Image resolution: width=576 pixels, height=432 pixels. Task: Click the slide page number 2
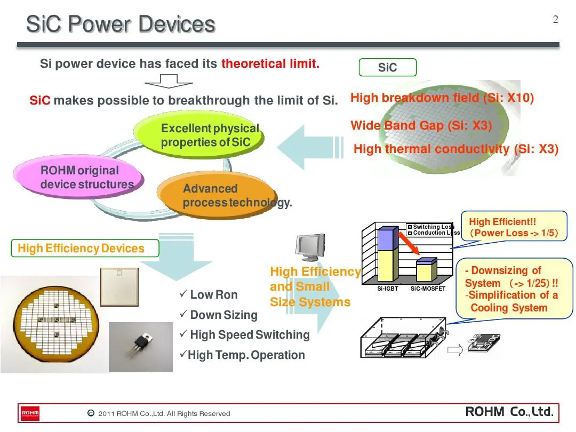[556, 20]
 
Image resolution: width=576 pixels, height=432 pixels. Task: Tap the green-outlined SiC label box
[387, 68]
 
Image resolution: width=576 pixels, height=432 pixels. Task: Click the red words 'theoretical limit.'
[270, 64]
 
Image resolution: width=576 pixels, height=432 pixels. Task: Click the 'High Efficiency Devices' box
[85, 249]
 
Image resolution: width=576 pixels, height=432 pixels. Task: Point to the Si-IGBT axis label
[388, 289]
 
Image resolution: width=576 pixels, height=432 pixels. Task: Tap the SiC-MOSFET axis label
[428, 289]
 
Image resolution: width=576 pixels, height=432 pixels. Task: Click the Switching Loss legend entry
[431, 227]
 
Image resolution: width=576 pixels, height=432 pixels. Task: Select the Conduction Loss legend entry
[433, 233]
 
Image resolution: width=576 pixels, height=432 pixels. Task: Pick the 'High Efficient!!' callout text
[502, 222]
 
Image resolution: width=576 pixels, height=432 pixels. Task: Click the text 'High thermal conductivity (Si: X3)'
[456, 149]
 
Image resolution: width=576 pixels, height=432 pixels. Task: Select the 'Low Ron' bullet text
[213, 295]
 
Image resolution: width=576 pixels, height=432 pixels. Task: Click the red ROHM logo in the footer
[30, 413]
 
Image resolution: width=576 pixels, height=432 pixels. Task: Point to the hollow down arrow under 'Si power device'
[169, 81]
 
